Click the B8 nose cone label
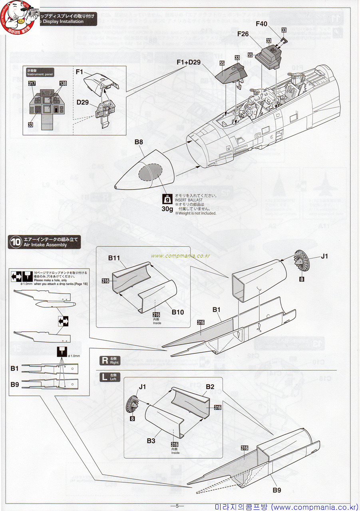(x=139, y=142)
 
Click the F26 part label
(x=243, y=34)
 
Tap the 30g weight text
(x=168, y=208)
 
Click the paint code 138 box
(x=63, y=83)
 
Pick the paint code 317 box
(x=32, y=83)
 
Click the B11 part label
(x=114, y=258)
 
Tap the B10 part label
(x=178, y=312)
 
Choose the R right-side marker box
(x=105, y=360)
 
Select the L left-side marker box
(x=105, y=377)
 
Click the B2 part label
(x=210, y=387)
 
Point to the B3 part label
(x=151, y=441)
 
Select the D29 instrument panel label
(x=82, y=102)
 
